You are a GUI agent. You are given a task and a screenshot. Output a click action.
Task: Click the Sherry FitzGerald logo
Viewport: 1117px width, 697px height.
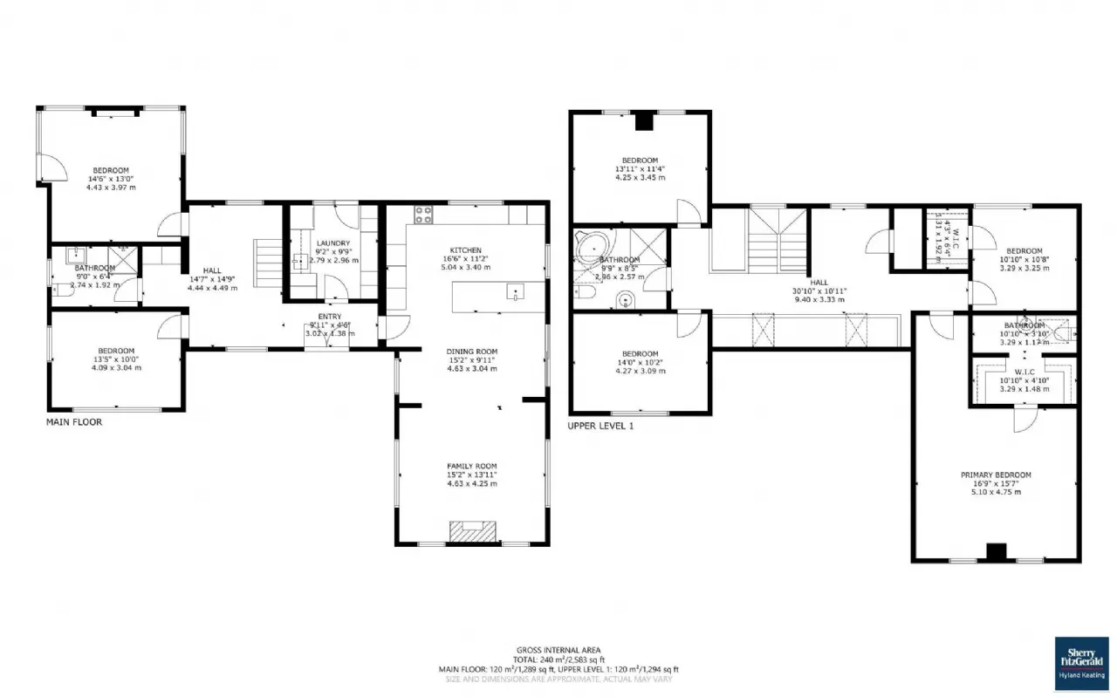coord(1082,662)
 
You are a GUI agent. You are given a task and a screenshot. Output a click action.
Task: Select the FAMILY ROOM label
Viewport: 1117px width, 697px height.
coord(471,466)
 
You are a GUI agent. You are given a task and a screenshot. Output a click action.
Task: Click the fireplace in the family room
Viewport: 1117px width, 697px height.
coord(472,531)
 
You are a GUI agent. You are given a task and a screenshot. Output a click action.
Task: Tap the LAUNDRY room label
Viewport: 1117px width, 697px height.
coord(333,243)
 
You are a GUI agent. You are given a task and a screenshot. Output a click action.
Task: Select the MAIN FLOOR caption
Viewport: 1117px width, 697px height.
coord(74,422)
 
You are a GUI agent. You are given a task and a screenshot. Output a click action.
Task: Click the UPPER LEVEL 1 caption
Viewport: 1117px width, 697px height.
coord(600,426)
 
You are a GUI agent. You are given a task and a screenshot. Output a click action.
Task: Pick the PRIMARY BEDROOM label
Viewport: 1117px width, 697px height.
coord(996,475)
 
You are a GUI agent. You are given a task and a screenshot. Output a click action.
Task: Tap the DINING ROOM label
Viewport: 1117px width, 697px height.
coord(472,352)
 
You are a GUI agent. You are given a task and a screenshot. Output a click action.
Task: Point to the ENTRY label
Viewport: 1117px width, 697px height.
coord(329,317)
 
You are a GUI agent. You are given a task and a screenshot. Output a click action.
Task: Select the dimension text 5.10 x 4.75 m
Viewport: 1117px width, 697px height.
coord(996,492)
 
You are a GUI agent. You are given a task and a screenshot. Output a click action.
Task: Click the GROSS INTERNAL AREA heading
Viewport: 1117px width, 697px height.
coord(558,651)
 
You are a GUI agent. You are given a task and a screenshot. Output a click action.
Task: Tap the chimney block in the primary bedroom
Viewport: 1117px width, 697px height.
coord(996,552)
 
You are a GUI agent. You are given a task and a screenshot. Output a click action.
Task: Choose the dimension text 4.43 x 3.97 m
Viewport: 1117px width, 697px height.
coord(111,187)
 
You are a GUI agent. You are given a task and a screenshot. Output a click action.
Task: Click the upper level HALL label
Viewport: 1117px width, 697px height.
coord(819,282)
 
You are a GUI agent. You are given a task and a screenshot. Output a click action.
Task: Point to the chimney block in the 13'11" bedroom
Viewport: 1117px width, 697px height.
coord(643,122)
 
